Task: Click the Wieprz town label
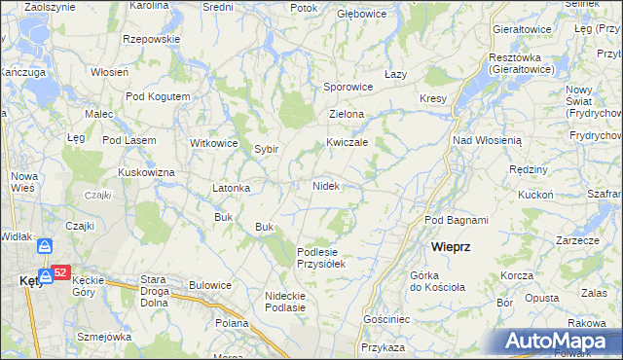pos(452,247)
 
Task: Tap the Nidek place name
pos(325,185)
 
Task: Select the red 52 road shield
pos(59,273)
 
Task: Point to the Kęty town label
pos(30,281)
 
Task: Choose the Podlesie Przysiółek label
pos(321,257)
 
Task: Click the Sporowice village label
pos(348,87)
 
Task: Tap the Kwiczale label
pos(347,142)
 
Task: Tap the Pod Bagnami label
pos(457,221)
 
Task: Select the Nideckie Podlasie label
pos(285,301)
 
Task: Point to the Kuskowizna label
pos(146,172)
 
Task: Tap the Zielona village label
pos(347,115)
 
